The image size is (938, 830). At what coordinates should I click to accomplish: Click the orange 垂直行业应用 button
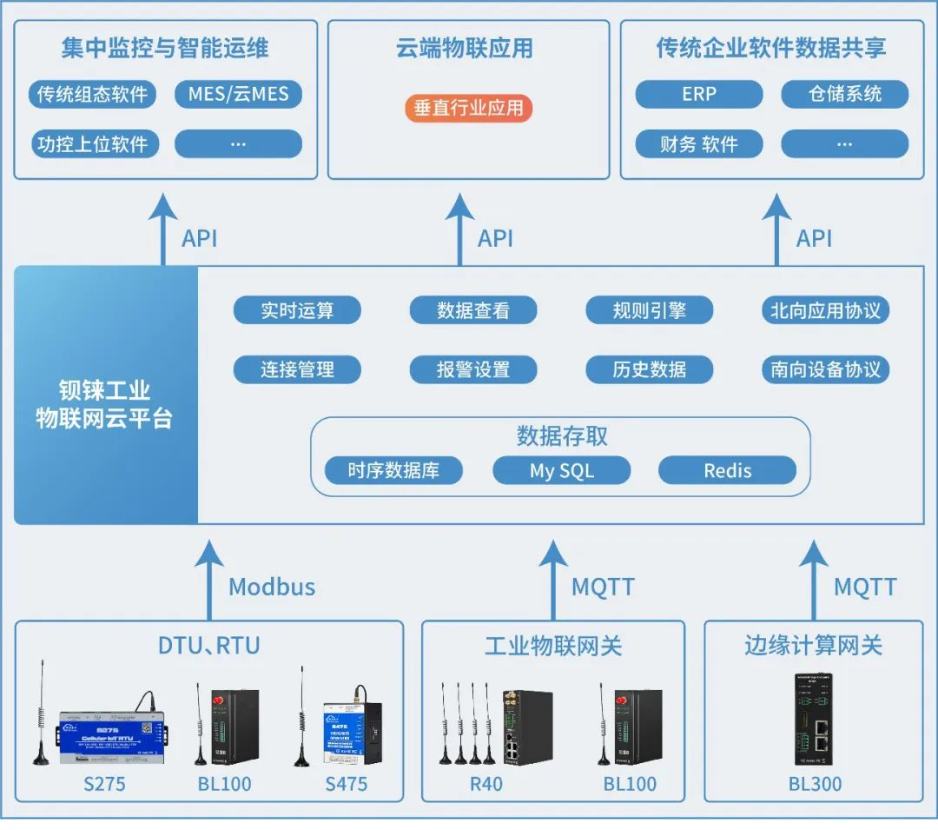tap(468, 108)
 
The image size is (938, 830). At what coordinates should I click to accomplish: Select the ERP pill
tap(698, 94)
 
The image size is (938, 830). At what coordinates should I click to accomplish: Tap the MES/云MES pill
tap(238, 94)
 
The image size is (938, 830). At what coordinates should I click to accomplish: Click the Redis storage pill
tap(727, 471)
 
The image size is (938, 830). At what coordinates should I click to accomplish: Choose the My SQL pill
tap(561, 471)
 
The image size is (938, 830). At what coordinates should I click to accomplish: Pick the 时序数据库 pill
tap(393, 471)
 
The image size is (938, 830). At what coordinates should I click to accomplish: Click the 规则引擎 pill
tap(649, 310)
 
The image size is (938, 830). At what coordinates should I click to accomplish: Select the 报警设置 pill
tap(472, 369)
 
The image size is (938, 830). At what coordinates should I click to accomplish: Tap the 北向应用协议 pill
tap(825, 310)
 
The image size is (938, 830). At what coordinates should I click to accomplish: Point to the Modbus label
tap(272, 587)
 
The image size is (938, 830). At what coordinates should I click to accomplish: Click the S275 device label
tap(104, 784)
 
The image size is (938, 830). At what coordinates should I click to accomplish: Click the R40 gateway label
tap(486, 784)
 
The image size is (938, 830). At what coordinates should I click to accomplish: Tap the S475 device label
tap(347, 784)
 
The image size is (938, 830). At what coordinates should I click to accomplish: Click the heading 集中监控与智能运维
tap(165, 47)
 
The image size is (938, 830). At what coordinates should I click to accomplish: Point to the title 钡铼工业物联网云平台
tap(104, 404)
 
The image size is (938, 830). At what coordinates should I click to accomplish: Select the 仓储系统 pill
tap(844, 94)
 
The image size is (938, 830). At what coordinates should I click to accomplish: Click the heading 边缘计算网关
tap(813, 645)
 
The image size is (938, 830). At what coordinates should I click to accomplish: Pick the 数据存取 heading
tap(562, 435)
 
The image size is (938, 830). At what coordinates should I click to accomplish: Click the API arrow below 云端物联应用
tap(460, 230)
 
